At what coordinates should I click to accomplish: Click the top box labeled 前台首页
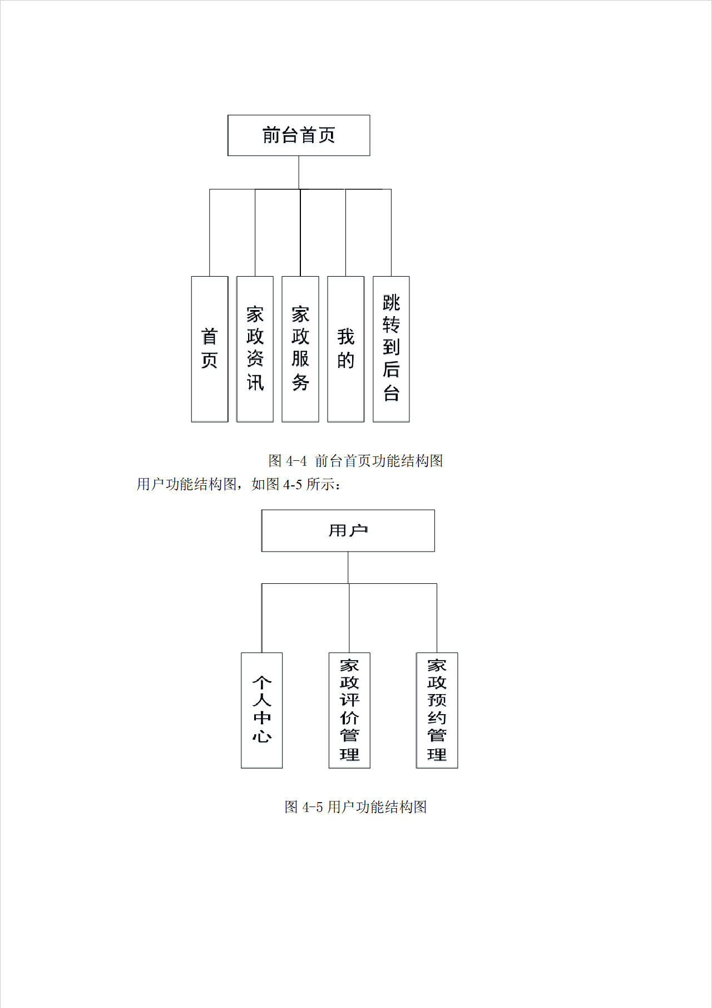(x=299, y=135)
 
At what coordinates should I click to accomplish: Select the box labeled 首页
(x=210, y=349)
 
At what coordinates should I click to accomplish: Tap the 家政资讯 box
(x=255, y=349)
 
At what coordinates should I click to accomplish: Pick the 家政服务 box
(x=300, y=349)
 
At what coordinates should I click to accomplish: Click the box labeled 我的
(x=345, y=349)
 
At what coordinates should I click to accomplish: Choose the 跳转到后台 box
(x=391, y=349)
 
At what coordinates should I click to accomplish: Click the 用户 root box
(x=348, y=530)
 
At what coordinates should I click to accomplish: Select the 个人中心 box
(x=261, y=710)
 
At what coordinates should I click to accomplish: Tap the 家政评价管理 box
(x=349, y=710)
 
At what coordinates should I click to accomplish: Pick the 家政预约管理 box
(x=437, y=710)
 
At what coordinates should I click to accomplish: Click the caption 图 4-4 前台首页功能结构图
(x=355, y=461)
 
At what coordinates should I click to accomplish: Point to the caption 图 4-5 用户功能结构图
(x=355, y=807)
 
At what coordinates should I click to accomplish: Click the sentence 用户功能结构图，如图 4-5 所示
(x=239, y=484)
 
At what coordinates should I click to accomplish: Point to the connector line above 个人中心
(x=261, y=618)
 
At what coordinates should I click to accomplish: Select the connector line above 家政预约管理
(x=437, y=618)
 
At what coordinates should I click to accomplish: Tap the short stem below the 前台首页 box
(x=299, y=173)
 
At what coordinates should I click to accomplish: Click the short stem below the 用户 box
(x=348, y=568)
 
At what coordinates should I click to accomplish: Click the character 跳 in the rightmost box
(x=391, y=303)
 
